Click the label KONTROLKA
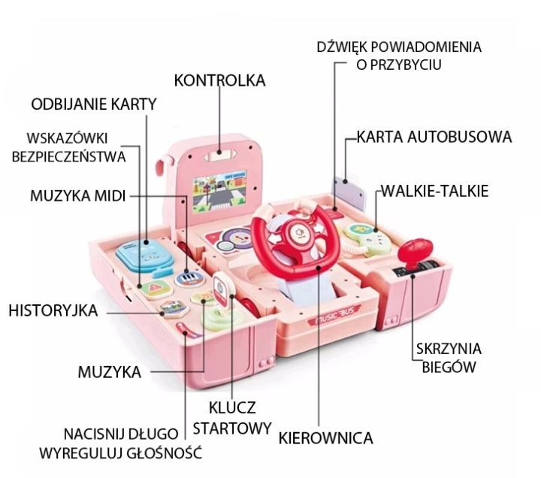coord(219,80)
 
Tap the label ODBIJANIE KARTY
coord(94,104)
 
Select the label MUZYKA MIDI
coord(77,195)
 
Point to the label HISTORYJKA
coord(53,310)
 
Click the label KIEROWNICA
coord(325,438)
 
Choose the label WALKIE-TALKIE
coord(435,191)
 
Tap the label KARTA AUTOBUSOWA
coord(434,137)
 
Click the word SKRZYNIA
coord(449,349)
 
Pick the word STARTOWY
coord(232,428)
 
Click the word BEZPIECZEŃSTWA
coord(68,156)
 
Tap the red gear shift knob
coord(415,250)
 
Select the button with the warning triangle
coord(156,288)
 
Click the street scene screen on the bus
coord(219,191)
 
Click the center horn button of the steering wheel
coord(299,233)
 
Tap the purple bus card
coord(349,192)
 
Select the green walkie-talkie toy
coord(367,239)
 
